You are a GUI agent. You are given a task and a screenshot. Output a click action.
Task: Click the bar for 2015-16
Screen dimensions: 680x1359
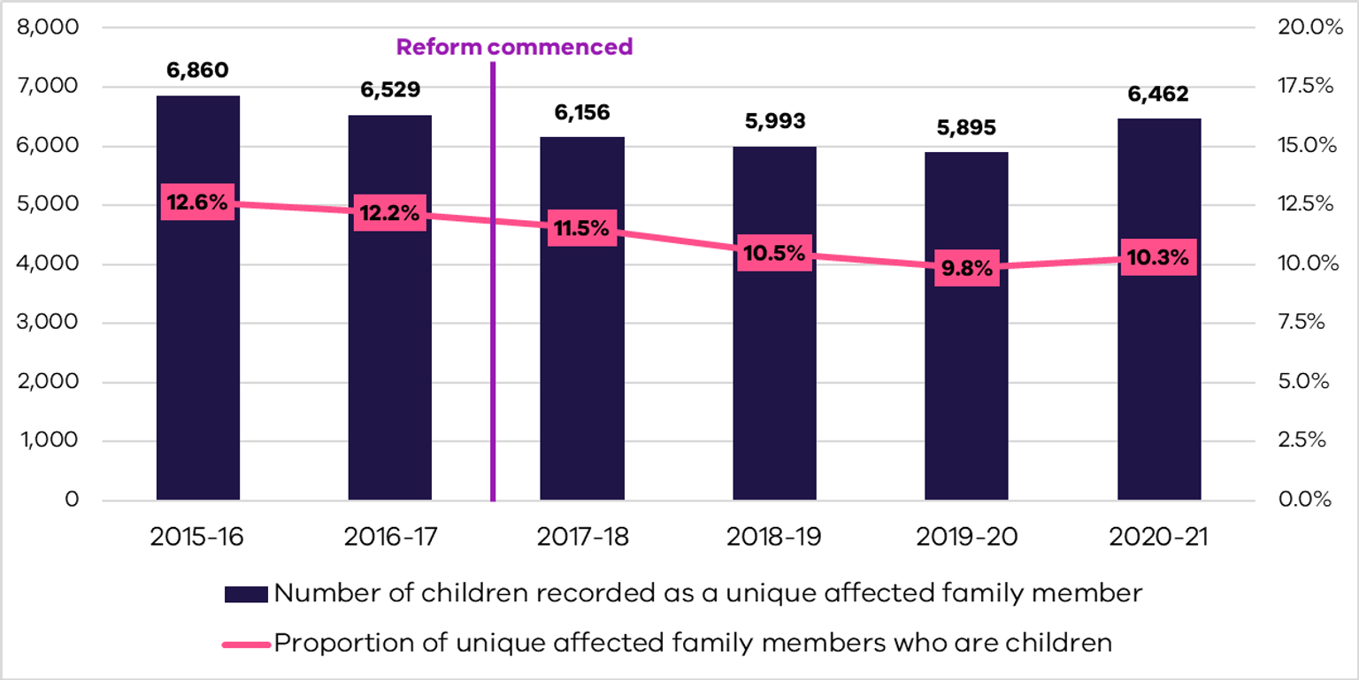[198, 354]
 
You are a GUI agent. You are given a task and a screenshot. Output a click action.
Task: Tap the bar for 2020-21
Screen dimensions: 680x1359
[1159, 371]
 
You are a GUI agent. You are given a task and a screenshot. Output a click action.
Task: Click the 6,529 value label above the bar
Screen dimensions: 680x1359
[390, 90]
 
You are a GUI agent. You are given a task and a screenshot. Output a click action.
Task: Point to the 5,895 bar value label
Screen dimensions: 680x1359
[966, 128]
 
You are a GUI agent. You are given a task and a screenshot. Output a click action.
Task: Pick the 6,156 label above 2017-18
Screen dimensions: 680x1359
[581, 112]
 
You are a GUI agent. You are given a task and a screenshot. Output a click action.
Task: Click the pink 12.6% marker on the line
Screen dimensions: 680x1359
[197, 202]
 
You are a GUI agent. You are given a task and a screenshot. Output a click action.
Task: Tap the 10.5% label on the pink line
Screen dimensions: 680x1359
[774, 254]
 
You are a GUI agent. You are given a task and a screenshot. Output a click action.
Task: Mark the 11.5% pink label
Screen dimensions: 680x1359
[581, 229]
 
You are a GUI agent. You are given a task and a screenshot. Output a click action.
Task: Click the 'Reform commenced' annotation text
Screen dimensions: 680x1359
[514, 47]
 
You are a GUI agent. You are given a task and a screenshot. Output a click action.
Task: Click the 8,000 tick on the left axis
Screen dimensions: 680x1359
[55, 27]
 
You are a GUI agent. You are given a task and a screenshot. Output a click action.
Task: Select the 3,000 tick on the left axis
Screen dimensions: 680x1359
[55, 323]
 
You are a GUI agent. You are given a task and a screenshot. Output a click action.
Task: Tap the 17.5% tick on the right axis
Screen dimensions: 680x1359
[1305, 87]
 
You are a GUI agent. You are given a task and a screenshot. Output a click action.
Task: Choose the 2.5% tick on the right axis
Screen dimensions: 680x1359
[1305, 441]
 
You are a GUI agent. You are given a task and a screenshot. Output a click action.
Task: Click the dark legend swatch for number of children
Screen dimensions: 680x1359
[246, 593]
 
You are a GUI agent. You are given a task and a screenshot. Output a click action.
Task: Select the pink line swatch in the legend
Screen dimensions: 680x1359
[246, 643]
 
